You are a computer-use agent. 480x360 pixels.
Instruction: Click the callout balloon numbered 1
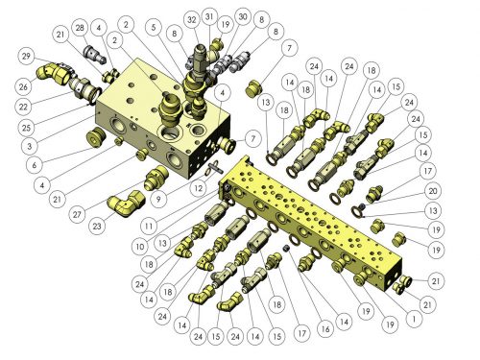(x=414, y=319)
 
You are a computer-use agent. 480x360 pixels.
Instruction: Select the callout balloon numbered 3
(x=30, y=146)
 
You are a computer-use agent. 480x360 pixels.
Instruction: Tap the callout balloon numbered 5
(x=154, y=27)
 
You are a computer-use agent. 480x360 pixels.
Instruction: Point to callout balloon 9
(x=158, y=200)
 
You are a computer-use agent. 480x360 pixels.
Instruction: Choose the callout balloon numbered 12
(x=199, y=188)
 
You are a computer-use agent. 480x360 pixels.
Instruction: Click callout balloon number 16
(x=325, y=328)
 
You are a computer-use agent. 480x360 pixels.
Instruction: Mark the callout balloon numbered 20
(x=433, y=191)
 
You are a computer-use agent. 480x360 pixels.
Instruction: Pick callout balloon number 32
(x=192, y=20)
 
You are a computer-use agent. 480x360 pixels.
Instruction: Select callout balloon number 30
(x=243, y=16)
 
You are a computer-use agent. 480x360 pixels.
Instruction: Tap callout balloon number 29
(x=26, y=57)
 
